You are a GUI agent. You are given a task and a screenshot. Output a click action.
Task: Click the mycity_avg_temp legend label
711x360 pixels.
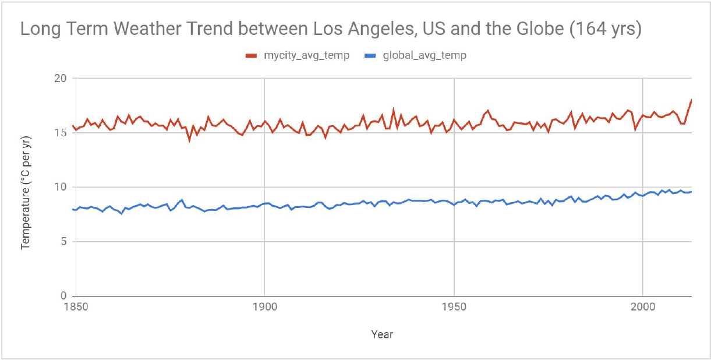[x=306, y=56]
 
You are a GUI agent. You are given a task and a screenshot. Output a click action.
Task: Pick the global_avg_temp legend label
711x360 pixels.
[x=425, y=56]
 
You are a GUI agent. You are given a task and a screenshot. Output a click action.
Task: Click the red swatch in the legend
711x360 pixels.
[x=252, y=56]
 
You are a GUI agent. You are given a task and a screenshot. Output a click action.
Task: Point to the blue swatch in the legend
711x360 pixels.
[x=372, y=56]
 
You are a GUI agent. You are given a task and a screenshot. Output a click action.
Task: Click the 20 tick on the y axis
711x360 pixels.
[x=60, y=78]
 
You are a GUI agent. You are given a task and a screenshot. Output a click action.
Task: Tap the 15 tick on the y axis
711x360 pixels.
[x=60, y=132]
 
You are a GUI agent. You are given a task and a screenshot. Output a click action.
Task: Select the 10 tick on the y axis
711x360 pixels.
[x=60, y=187]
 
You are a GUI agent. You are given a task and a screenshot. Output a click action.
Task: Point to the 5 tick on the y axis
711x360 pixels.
[x=63, y=241]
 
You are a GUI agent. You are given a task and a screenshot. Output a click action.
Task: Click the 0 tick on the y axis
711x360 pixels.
[x=63, y=296]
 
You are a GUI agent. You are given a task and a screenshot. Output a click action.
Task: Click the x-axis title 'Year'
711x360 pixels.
[x=382, y=334]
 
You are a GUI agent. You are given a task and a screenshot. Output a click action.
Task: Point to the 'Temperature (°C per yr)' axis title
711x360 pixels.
[x=25, y=187]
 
